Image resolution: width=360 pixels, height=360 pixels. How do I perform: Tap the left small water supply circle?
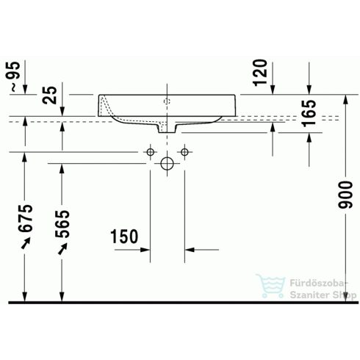click(151, 152)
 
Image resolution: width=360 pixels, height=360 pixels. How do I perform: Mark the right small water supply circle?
click(184, 152)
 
